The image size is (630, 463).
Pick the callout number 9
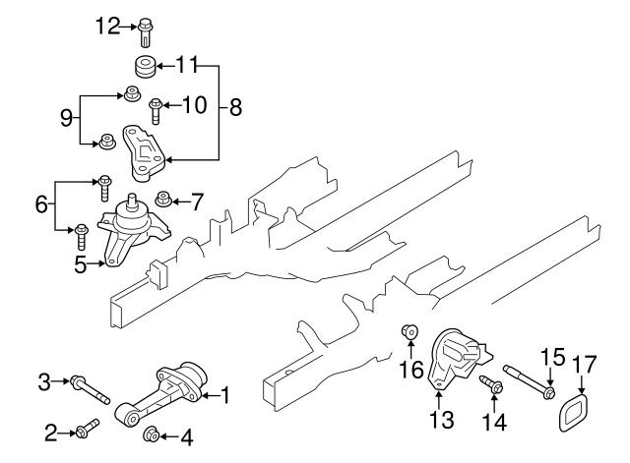tap(67, 119)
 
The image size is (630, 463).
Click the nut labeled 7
tap(163, 201)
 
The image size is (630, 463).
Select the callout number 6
tap(40, 204)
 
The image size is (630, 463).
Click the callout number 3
tap(43, 380)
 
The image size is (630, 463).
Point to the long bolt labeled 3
tap(90, 389)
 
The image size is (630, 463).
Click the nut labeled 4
tap(153, 434)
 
